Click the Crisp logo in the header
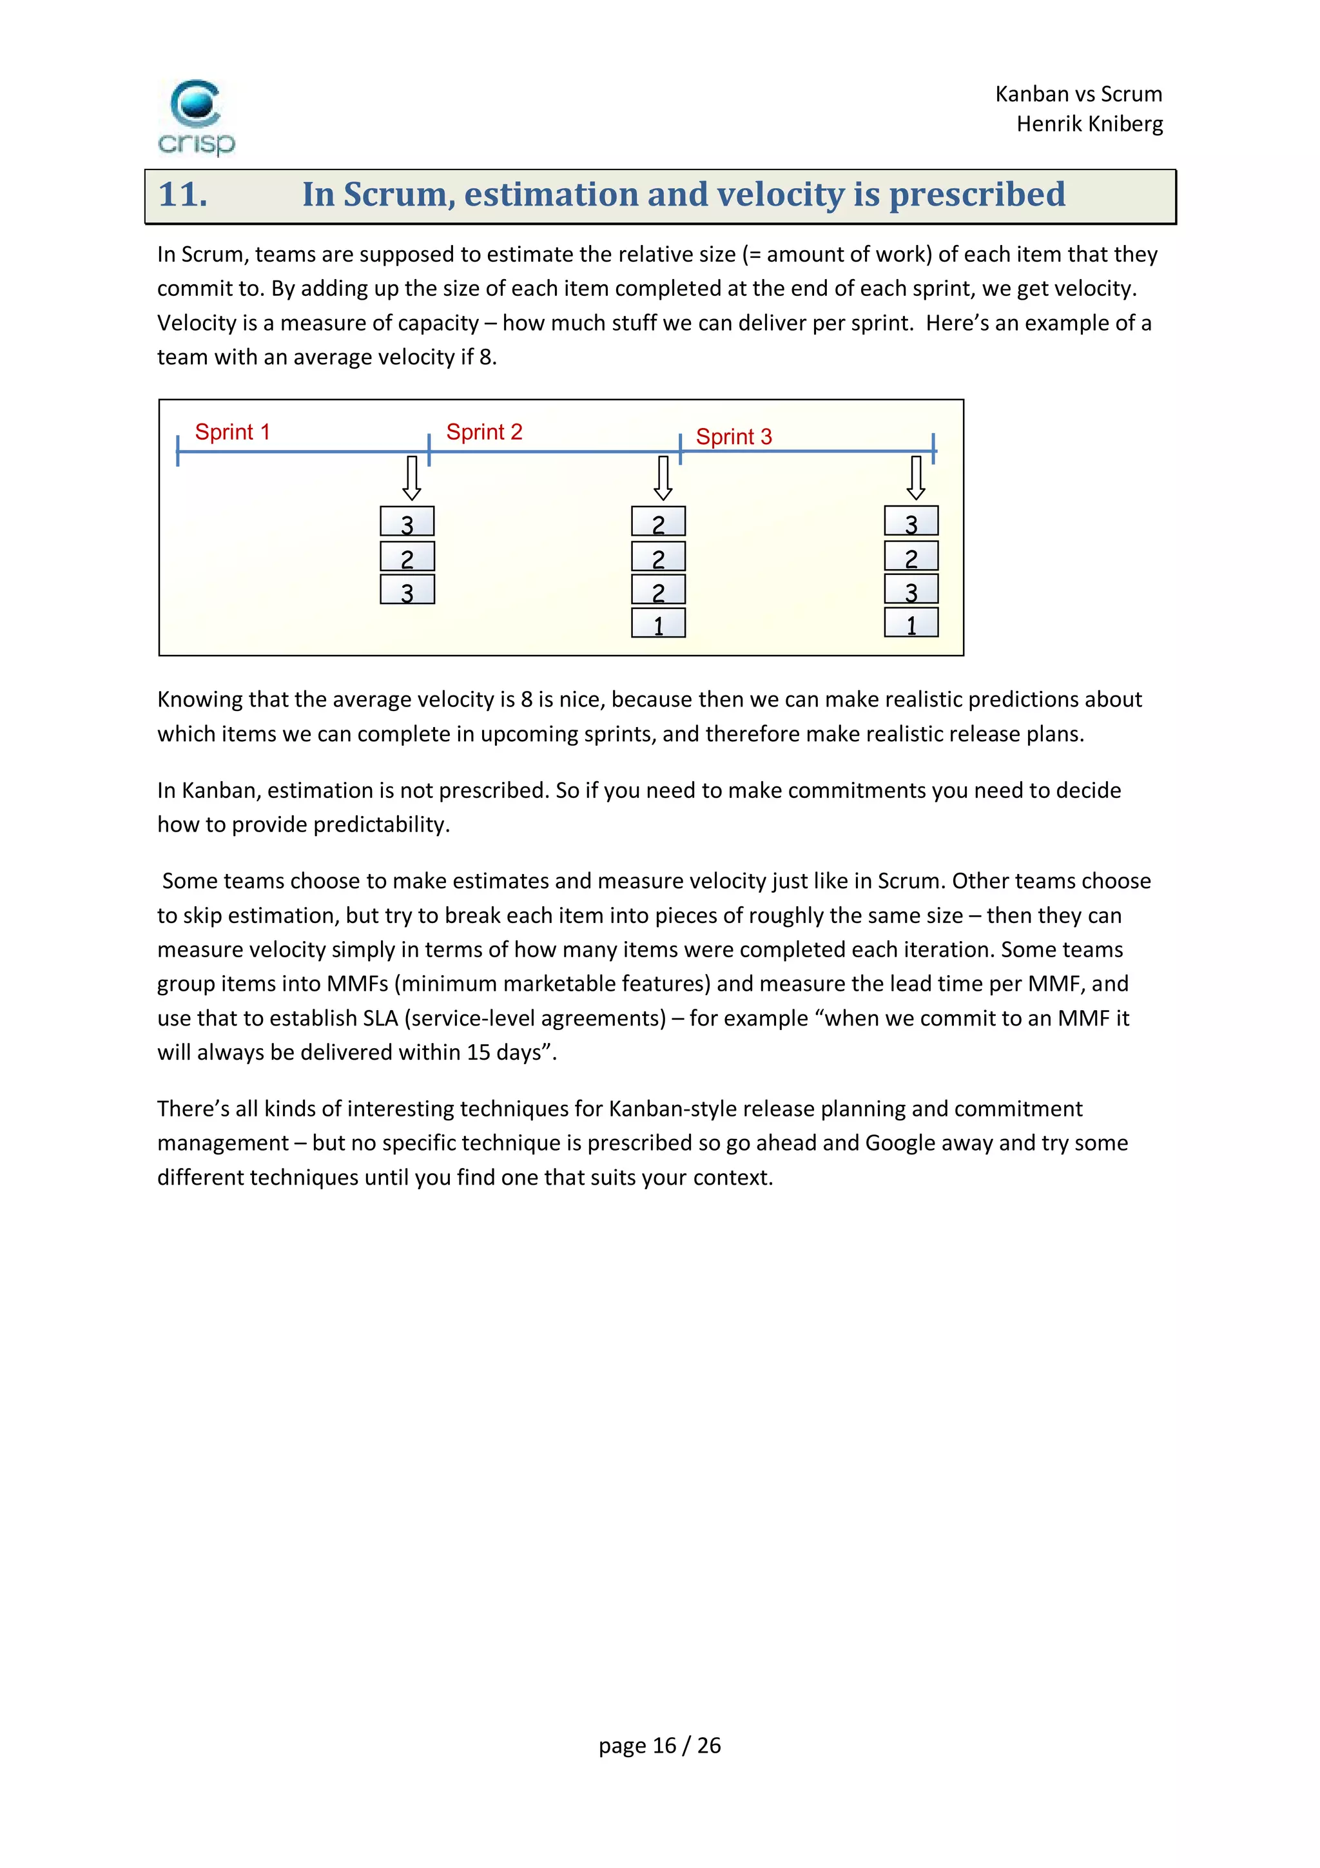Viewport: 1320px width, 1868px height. pyautogui.click(x=196, y=116)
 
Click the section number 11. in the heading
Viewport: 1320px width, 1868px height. pyautogui.click(x=183, y=195)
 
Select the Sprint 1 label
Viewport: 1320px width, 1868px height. pyautogui.click(x=232, y=432)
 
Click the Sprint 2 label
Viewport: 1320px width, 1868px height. pyautogui.click(x=484, y=432)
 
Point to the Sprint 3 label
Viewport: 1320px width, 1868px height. pyautogui.click(x=733, y=437)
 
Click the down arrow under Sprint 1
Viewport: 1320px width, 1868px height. pyautogui.click(x=412, y=478)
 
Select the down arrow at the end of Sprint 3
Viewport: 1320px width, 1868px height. pyautogui.click(x=916, y=478)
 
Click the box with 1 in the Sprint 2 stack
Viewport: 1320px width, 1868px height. pyautogui.click(x=658, y=623)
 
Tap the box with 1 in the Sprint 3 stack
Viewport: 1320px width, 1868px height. pyautogui.click(x=911, y=623)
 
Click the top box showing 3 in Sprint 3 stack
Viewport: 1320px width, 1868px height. pyautogui.click(x=911, y=521)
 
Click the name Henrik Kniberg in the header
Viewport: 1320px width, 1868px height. pyautogui.click(x=1089, y=124)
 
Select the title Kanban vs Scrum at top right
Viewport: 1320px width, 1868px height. pyautogui.click(x=1078, y=94)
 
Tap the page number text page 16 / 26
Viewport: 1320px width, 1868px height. pyautogui.click(x=659, y=1745)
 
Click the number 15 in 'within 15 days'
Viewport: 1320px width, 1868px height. pyautogui.click(x=478, y=1053)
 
